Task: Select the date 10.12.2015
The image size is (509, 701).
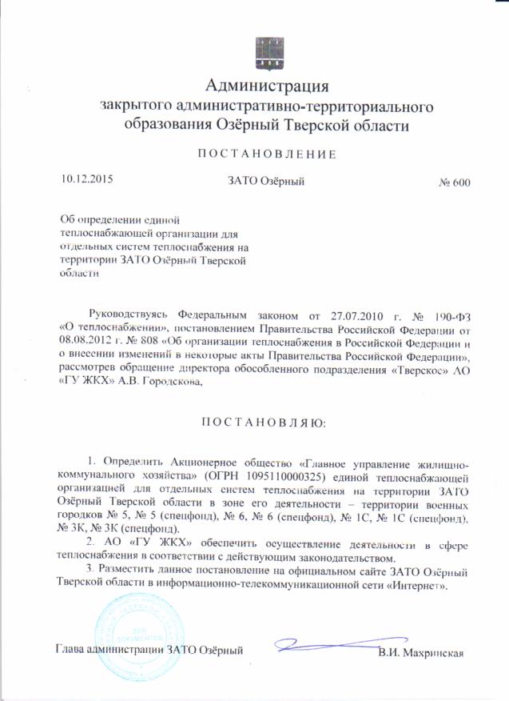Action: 86,179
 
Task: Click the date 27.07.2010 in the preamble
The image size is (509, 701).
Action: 360,310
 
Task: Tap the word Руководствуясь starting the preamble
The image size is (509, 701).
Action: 130,310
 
